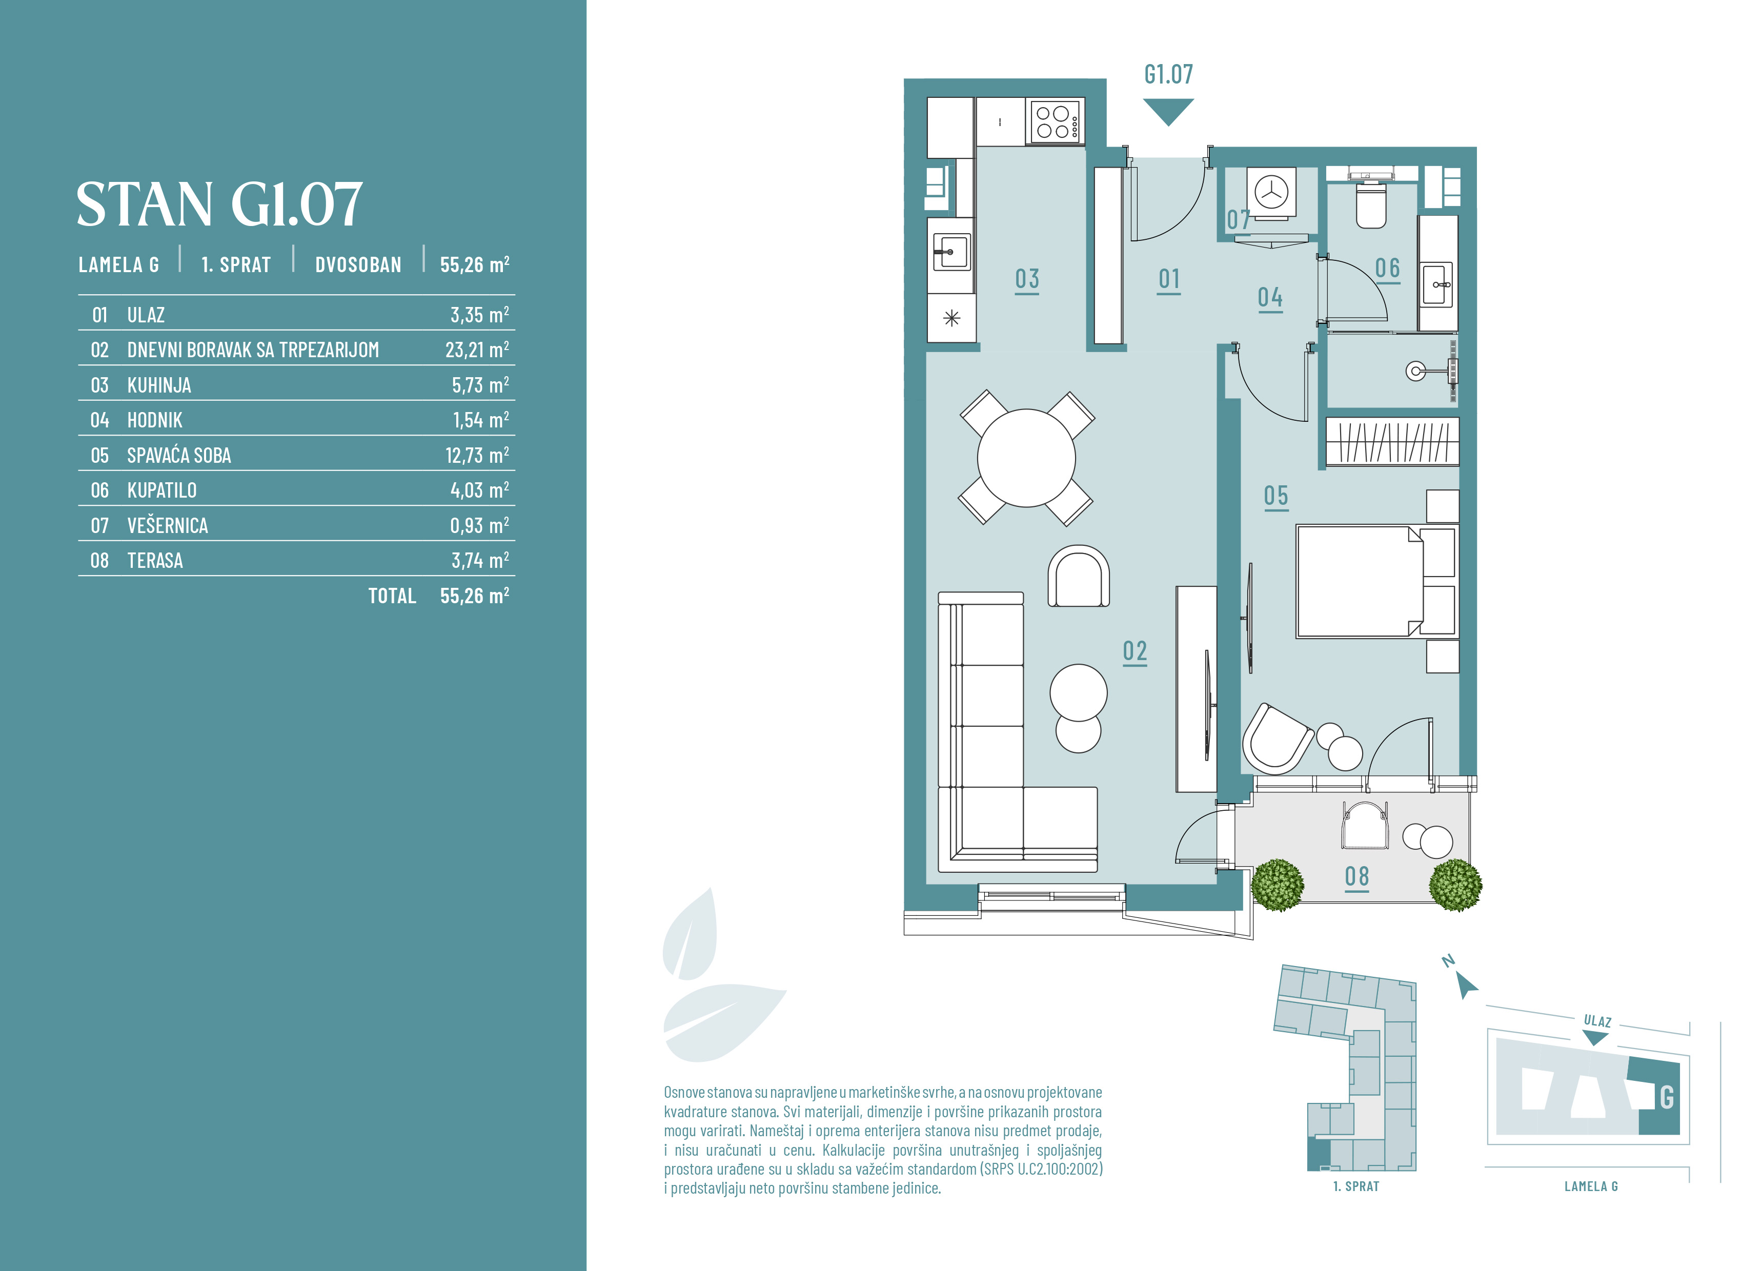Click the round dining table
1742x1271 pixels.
[x=1026, y=458]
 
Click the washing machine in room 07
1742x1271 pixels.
[x=1271, y=192]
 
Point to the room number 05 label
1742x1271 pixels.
[x=1275, y=496]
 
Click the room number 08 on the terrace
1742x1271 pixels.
[x=1356, y=877]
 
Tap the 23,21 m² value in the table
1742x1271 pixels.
[x=477, y=350]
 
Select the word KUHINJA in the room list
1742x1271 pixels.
[x=159, y=385]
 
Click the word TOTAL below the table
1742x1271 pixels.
[x=392, y=596]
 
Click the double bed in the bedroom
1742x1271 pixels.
[x=1378, y=582]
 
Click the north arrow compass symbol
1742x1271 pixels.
[x=1465, y=985]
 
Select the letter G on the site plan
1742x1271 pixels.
[x=1667, y=1097]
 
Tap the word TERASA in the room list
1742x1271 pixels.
[x=155, y=561]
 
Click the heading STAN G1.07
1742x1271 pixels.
[x=219, y=204]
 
